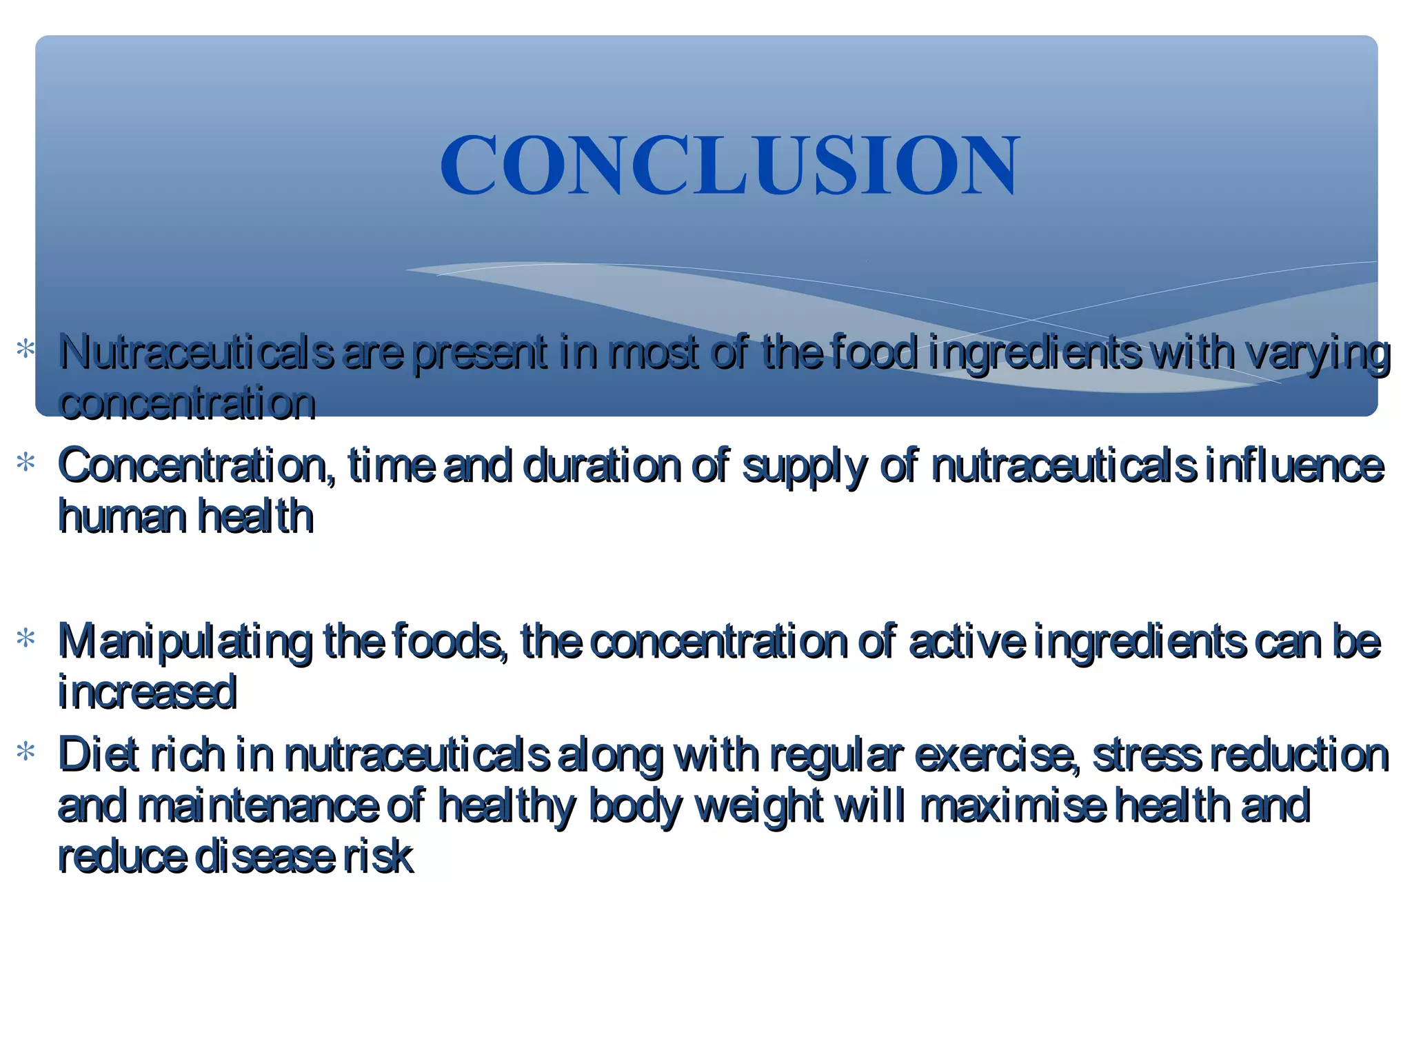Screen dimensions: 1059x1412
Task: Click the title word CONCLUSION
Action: [x=729, y=165]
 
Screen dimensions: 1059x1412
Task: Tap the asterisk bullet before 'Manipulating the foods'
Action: [x=26, y=638]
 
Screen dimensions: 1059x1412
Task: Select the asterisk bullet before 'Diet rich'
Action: [x=26, y=751]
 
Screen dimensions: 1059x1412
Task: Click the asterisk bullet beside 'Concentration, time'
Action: [x=26, y=461]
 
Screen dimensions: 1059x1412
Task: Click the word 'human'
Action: [x=122, y=517]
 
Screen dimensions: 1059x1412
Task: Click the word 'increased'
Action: [x=148, y=693]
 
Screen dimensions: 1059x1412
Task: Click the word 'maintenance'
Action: [x=258, y=806]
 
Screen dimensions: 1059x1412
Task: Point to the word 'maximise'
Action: [x=1013, y=806]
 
